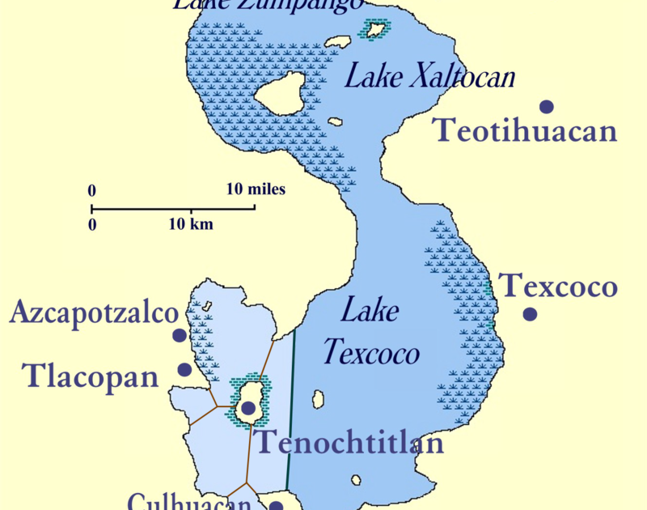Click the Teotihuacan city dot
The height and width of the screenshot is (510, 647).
(547, 106)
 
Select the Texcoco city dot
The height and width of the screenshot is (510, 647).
(530, 314)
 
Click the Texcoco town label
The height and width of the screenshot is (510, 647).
(557, 286)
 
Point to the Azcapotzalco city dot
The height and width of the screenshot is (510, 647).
(180, 335)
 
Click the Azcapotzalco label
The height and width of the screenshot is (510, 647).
(93, 313)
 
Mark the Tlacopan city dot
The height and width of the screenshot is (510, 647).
(184, 369)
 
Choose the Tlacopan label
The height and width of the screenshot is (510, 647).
(90, 376)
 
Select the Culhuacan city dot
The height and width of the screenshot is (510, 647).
(275, 506)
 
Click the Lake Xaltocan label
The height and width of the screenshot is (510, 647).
(429, 77)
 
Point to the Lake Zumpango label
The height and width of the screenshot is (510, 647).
(267, 5)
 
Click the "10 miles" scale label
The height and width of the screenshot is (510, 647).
(255, 189)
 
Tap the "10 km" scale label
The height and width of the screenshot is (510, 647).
(191, 224)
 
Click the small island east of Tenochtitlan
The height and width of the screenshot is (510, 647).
(318, 400)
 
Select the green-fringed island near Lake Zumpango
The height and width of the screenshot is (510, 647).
(375, 30)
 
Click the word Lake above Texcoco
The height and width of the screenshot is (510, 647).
(370, 310)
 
